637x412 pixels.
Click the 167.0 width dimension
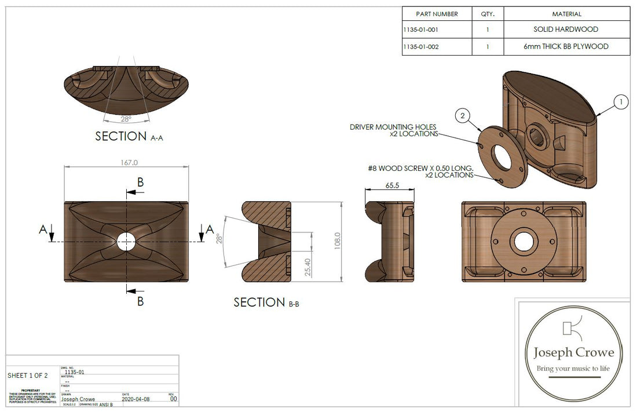[x=126, y=162]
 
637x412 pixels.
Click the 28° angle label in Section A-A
[x=126, y=119]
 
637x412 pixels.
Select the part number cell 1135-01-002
[x=422, y=46]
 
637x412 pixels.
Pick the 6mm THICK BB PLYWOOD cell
[x=566, y=46]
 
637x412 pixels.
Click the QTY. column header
[x=487, y=14]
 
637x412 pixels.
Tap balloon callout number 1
[x=620, y=103]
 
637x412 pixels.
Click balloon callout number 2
[x=462, y=116]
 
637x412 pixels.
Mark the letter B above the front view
[x=140, y=182]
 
